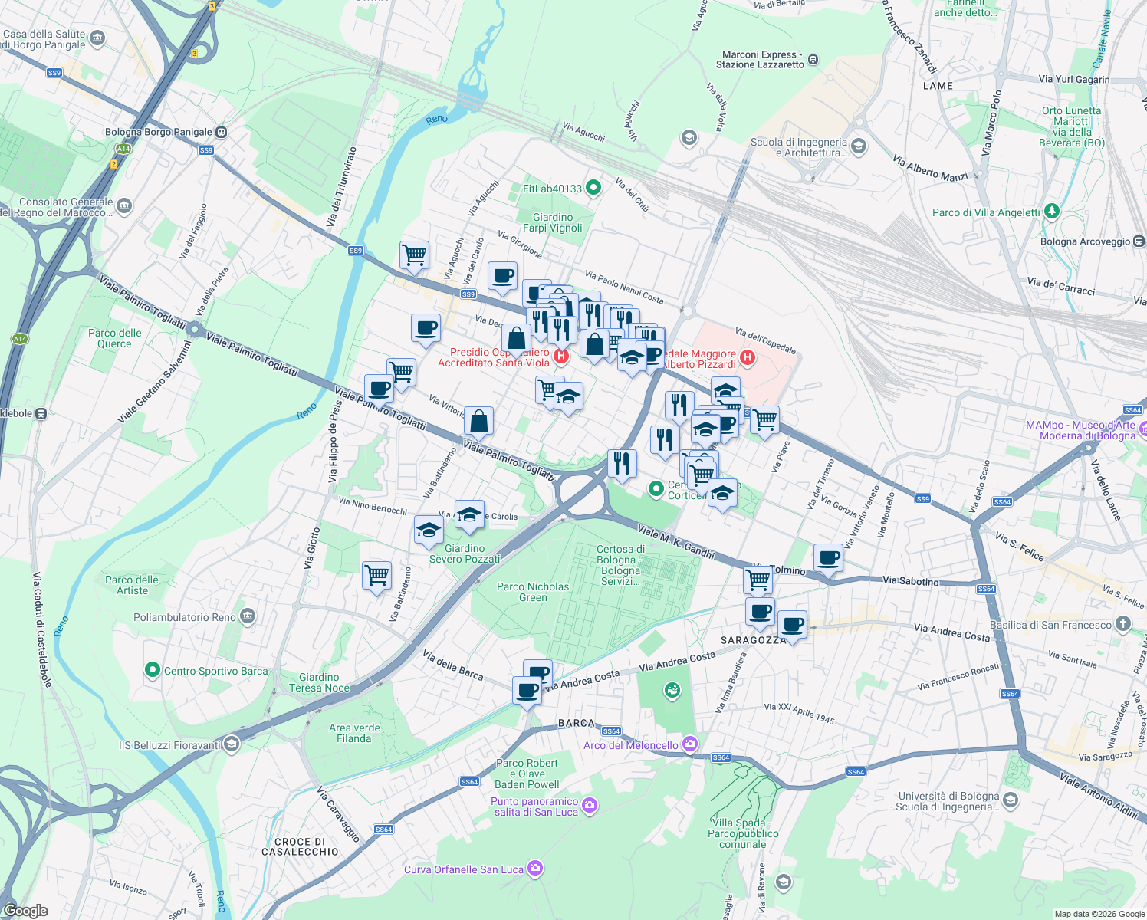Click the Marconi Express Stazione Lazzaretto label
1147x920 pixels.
tap(760, 60)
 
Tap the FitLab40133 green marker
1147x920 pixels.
tap(593, 187)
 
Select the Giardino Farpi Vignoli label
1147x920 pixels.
tap(552, 222)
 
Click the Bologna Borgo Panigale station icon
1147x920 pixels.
tap(221, 132)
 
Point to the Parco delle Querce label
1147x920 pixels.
tap(115, 338)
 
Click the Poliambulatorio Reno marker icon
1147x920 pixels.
tap(247, 616)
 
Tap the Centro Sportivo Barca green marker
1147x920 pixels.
tap(152, 670)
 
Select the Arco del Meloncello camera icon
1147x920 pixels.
tap(690, 744)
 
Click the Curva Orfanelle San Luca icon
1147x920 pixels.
tap(535, 869)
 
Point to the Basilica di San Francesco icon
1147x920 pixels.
tap(1123, 624)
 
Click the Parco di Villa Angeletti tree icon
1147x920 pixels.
tap(1052, 212)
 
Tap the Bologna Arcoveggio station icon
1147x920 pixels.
tap(1139, 242)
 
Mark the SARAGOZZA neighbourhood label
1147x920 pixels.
tap(753, 640)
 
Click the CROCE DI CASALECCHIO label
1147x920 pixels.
tap(300, 846)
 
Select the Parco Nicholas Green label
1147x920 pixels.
tap(533, 592)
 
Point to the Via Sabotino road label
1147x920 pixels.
tap(910, 581)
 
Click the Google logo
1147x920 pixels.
tap(26, 910)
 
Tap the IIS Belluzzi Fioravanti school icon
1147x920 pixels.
tap(232, 744)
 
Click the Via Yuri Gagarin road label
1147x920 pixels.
tap(1073, 79)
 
